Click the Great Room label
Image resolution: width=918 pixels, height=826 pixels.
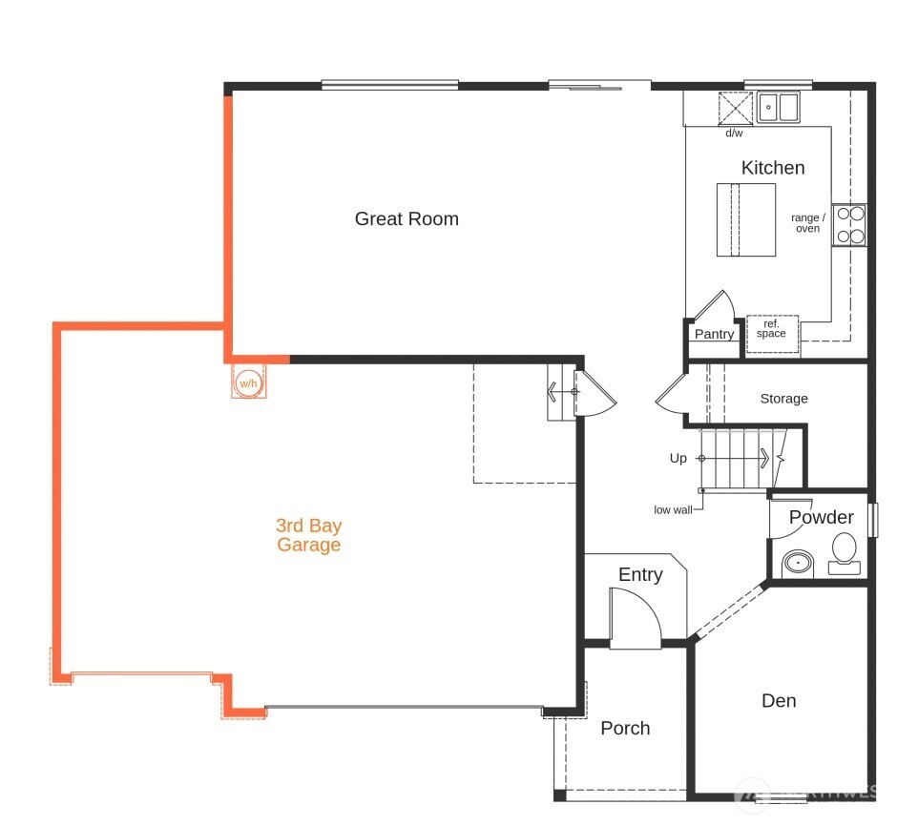[x=407, y=218]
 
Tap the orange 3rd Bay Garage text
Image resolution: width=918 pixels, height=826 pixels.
[x=308, y=535]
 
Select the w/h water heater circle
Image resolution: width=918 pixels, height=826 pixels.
[x=248, y=383]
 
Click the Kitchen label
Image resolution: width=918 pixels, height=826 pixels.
[x=773, y=168]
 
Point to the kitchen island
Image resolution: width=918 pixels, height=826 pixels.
[x=745, y=219]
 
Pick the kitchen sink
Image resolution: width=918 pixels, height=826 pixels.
[x=779, y=107]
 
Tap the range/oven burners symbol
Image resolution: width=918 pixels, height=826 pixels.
[x=848, y=225]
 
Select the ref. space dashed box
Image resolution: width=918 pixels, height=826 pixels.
[x=771, y=329]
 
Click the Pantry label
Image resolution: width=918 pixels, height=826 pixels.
[x=714, y=334]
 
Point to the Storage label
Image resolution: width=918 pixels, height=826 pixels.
[x=783, y=399]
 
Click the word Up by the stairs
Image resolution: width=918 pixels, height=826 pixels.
[x=678, y=459]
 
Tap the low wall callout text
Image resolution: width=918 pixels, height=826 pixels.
[x=673, y=509]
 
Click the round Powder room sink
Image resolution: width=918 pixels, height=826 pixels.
[x=798, y=564]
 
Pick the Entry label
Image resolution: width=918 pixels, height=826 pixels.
[x=639, y=574]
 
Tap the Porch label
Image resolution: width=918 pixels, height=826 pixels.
[x=625, y=729]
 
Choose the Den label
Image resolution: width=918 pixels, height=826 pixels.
[x=779, y=701]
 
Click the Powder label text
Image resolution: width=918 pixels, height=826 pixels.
[x=821, y=517]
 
